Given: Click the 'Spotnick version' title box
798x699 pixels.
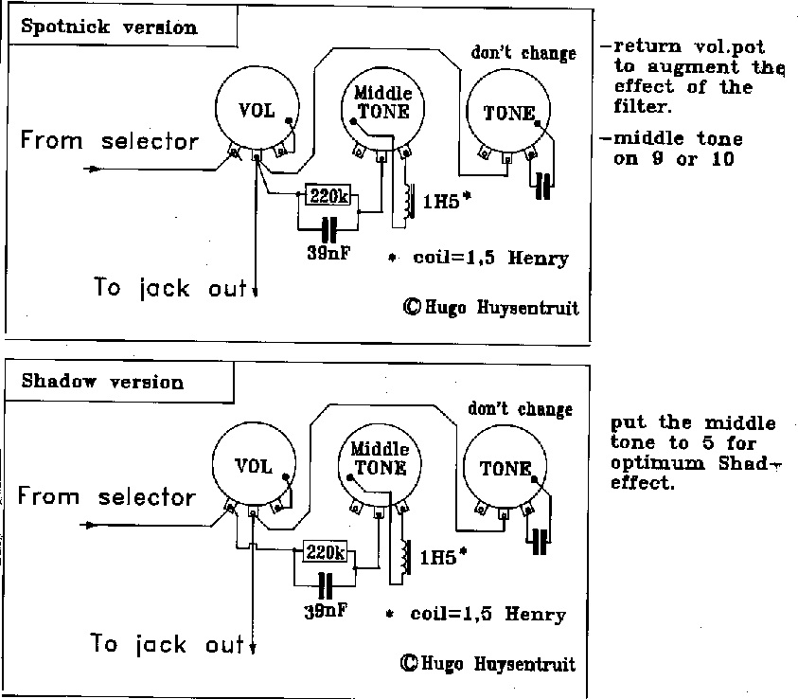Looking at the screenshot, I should tap(109, 27).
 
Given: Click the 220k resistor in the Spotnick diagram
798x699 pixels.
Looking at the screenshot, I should tap(328, 197).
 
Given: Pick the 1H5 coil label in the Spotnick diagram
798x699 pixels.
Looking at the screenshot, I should tap(441, 201).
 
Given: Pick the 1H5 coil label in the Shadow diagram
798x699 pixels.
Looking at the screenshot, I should tap(437, 556).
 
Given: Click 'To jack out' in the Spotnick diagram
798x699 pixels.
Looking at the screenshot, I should tap(170, 288).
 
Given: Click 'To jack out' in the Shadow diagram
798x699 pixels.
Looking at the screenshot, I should tap(168, 645).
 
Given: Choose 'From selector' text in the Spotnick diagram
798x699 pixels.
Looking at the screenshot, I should tap(110, 141).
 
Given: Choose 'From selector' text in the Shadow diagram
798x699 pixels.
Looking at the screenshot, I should tap(106, 496).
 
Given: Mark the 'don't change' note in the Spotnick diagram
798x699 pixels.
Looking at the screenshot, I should tap(523, 53).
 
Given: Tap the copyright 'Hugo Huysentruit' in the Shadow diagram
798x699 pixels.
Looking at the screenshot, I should tap(488, 663).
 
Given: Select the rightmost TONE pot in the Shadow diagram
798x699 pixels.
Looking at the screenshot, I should tap(506, 469).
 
